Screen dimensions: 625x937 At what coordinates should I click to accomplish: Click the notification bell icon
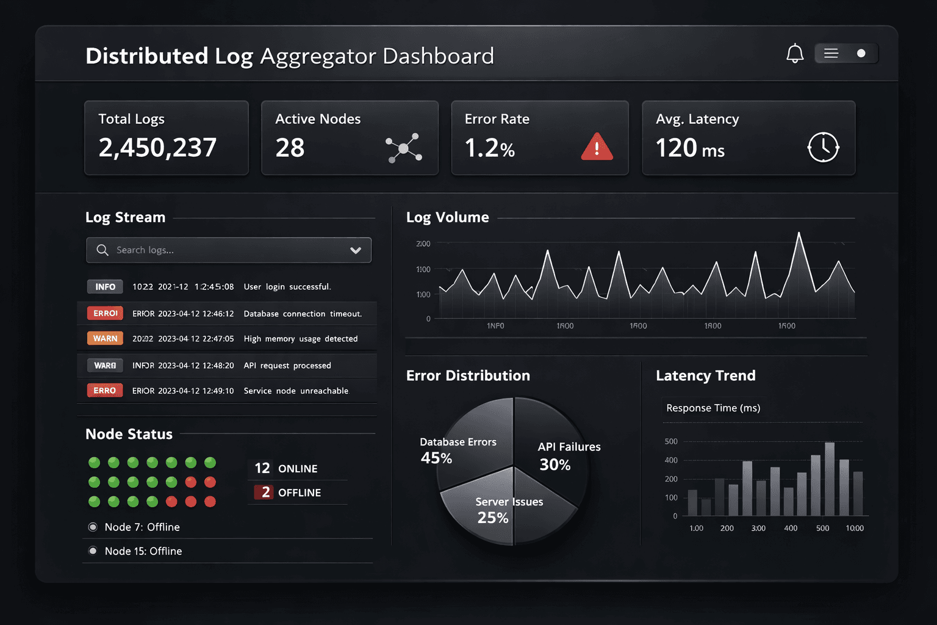pyautogui.click(x=795, y=54)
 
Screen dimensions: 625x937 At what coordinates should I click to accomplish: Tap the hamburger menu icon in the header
pyautogui.click(x=831, y=54)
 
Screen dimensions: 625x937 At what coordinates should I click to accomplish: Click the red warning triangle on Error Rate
pyautogui.click(x=597, y=147)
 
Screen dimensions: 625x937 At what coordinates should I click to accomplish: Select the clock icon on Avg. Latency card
pyautogui.click(x=823, y=147)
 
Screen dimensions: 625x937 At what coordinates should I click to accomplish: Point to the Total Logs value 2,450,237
pyautogui.click(x=157, y=148)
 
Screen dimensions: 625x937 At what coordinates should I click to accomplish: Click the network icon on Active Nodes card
pyautogui.click(x=404, y=148)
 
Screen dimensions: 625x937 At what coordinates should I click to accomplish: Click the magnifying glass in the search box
pyautogui.click(x=102, y=250)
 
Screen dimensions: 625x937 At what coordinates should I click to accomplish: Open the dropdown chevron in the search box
pyautogui.click(x=356, y=250)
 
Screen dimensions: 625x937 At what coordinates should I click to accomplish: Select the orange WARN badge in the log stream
pyautogui.click(x=105, y=338)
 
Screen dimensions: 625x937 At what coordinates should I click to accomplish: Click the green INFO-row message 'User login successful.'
pyautogui.click(x=287, y=287)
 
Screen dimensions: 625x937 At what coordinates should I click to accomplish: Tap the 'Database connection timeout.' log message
pyautogui.click(x=303, y=314)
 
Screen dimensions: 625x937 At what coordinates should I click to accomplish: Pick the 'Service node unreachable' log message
pyautogui.click(x=296, y=391)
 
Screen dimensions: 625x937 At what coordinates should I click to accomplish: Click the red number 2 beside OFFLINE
pyautogui.click(x=265, y=493)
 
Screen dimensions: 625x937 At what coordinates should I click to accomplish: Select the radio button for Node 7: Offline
pyautogui.click(x=93, y=527)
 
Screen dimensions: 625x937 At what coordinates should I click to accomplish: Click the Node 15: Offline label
pyautogui.click(x=143, y=551)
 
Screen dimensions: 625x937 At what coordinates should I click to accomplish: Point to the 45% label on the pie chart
pyautogui.click(x=436, y=458)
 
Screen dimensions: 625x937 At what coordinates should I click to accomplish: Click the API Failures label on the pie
pyautogui.click(x=569, y=447)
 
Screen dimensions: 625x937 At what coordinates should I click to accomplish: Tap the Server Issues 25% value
pyautogui.click(x=493, y=518)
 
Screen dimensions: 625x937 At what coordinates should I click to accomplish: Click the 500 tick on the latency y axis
pyautogui.click(x=671, y=441)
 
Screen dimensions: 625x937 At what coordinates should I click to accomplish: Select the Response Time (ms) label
pyautogui.click(x=713, y=408)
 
